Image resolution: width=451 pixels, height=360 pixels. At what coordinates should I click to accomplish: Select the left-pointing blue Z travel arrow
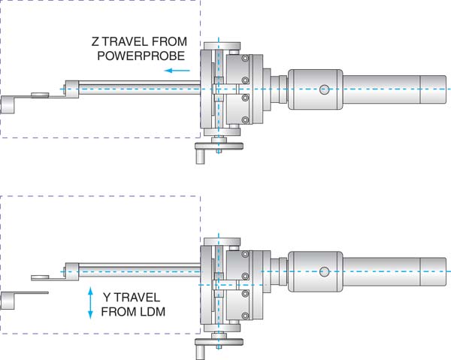click(x=177, y=71)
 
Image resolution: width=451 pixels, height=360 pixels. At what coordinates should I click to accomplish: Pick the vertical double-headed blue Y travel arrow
click(x=91, y=302)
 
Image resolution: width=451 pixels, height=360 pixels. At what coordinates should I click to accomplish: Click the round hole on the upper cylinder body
click(x=324, y=89)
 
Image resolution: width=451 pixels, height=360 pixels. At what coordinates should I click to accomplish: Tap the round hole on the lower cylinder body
click(x=324, y=271)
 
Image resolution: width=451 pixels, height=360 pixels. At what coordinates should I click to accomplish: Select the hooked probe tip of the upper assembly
click(x=9, y=104)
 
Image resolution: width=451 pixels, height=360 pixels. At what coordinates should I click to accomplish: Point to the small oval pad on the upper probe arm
click(x=40, y=95)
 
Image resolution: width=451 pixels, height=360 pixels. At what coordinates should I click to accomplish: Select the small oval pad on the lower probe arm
click(x=40, y=276)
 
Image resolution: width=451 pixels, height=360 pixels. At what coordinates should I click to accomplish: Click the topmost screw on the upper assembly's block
click(x=245, y=59)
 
